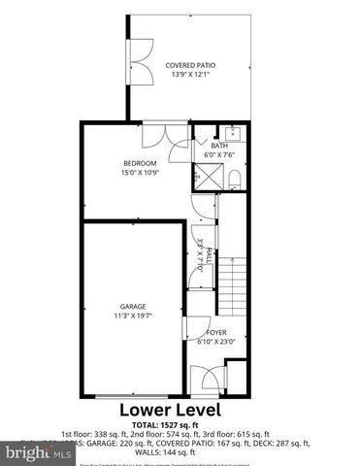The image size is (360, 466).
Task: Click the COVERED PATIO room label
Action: (x=189, y=64)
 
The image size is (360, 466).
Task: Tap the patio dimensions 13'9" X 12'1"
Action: (x=189, y=75)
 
